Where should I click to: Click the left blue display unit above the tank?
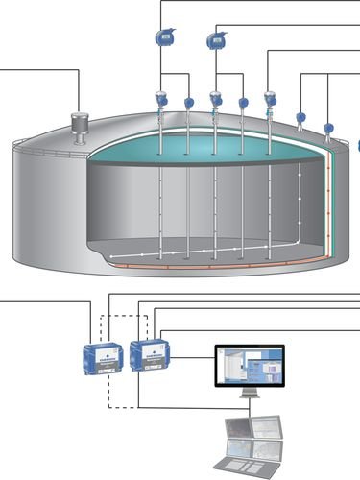coord(161,36)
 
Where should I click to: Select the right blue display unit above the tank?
coord(215,39)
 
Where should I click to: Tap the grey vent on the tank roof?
coord(78,124)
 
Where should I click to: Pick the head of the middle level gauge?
coord(215,98)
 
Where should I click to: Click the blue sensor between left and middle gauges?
coord(188,103)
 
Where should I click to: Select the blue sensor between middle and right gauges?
coord(243,103)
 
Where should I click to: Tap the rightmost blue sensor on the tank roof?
coord(329,127)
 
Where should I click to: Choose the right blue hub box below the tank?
coord(149,354)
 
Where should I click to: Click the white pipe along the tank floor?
coord(192,255)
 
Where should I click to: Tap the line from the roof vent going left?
coord(38,69)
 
